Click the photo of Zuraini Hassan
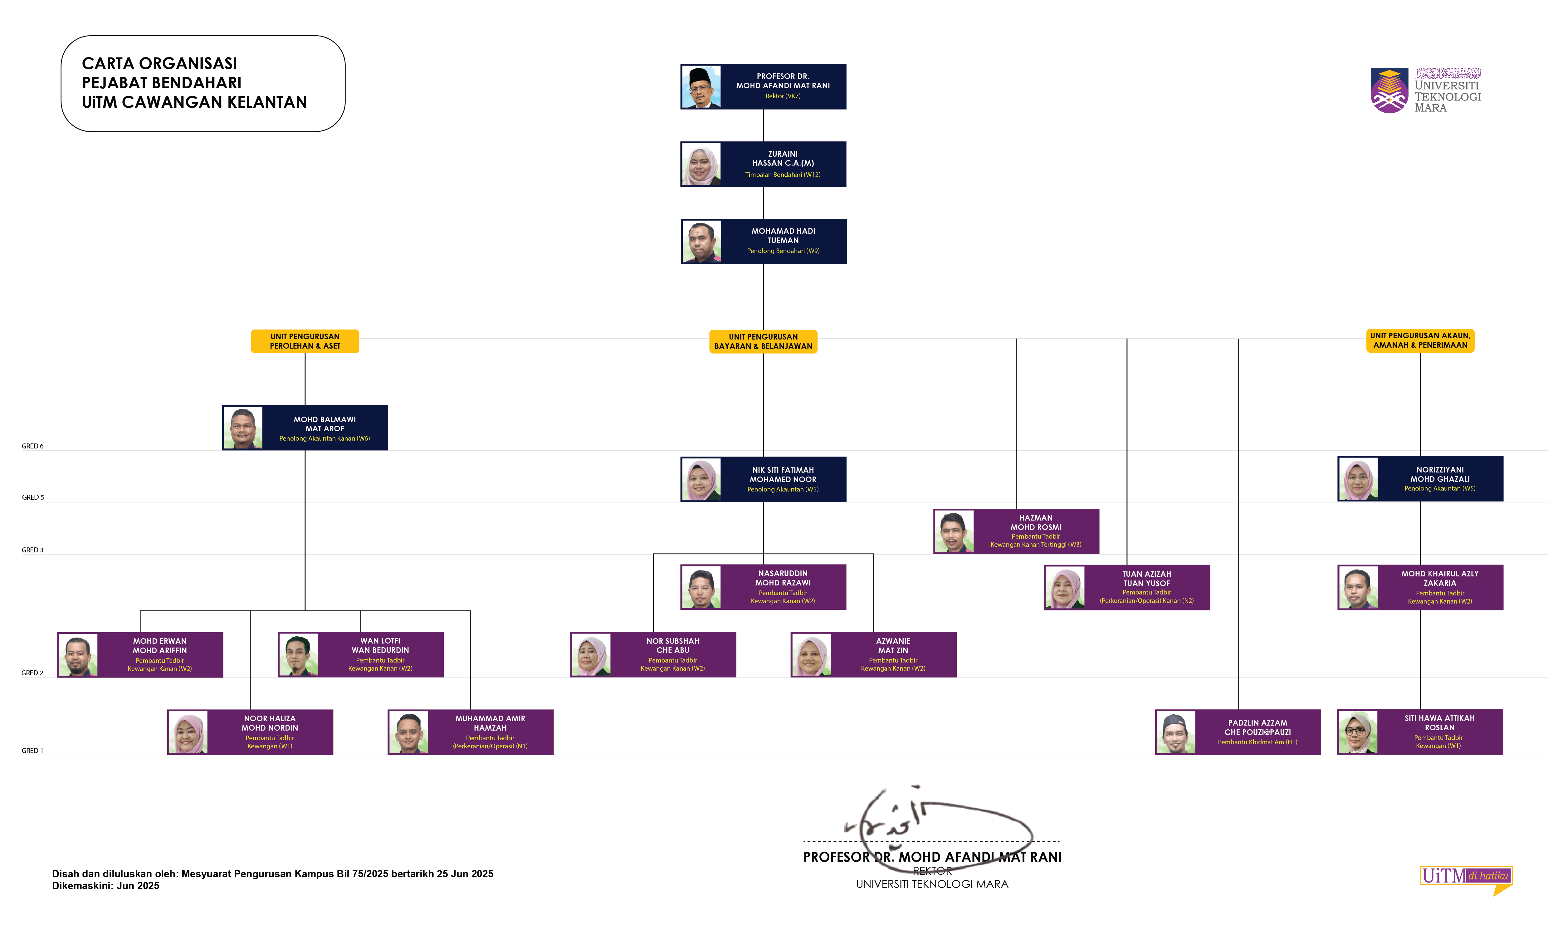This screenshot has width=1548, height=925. pos(701,164)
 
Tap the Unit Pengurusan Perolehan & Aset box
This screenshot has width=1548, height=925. pos(305,341)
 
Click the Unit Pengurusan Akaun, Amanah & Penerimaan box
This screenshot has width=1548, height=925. pos(1420,340)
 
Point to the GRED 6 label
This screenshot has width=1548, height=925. pos(32,446)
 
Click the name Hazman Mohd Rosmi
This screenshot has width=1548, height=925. pos(1036,522)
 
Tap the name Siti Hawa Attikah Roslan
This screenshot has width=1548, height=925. pos(1439,723)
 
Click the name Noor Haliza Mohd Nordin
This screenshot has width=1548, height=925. pos(270,723)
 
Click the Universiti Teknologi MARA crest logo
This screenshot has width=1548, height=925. pos(1389,91)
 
